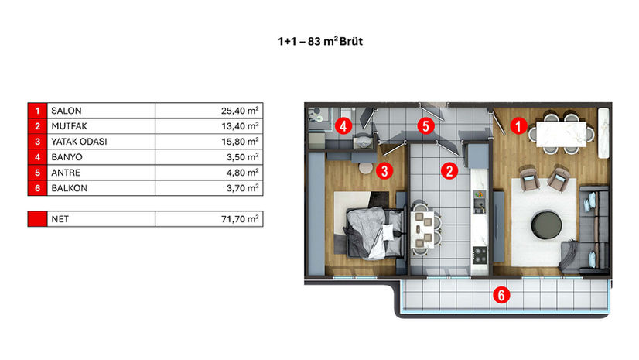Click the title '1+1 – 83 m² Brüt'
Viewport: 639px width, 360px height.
[x=320, y=41]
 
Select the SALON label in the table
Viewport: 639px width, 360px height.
[x=67, y=111]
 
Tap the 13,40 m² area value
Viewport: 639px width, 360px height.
[x=240, y=126]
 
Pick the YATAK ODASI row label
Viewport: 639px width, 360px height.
[x=79, y=142]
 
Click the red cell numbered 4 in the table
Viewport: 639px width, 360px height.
[x=37, y=157]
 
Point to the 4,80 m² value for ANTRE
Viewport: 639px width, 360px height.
[x=242, y=173]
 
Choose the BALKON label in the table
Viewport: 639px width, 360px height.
[x=70, y=188]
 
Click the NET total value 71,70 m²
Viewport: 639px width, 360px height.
[x=240, y=219]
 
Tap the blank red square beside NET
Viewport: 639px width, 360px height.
[x=37, y=219]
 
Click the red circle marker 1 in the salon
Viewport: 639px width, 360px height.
[x=518, y=126]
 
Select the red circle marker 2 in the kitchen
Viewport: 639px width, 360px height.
[x=449, y=171]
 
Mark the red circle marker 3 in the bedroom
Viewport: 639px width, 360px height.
[x=384, y=171]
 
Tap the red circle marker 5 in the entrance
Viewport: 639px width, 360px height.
[x=425, y=126]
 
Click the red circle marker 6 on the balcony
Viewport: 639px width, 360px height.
[x=501, y=295]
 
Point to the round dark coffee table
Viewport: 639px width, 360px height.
[x=546, y=225]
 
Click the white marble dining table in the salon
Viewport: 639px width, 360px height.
[x=562, y=134]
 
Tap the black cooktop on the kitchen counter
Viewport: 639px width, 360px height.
[x=480, y=255]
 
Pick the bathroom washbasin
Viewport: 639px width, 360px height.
[x=363, y=142]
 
